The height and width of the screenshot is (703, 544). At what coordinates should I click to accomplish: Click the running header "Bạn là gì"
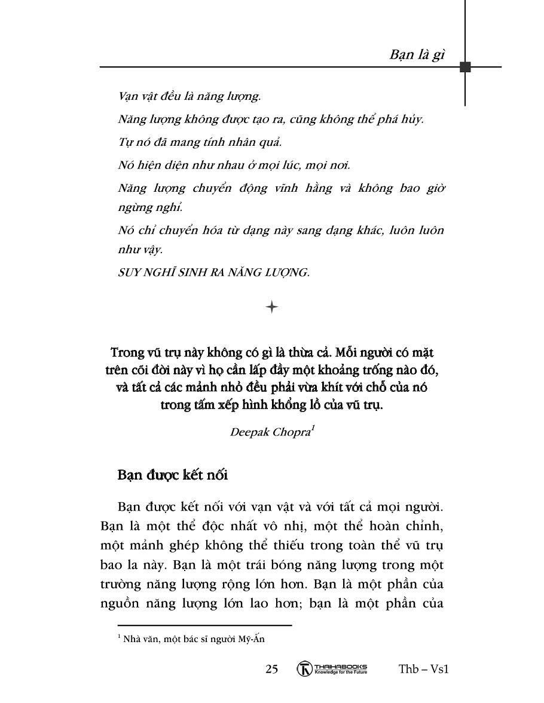tap(417, 54)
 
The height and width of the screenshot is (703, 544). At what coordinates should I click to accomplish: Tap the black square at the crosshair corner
tap(465, 67)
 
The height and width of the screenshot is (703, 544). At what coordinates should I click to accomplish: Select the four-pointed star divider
tap(271, 307)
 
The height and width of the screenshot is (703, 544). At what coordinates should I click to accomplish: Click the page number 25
tap(271, 669)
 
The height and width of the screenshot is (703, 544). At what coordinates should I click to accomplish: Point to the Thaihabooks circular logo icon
tap(305, 669)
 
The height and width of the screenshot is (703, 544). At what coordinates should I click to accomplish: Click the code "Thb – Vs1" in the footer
tap(423, 669)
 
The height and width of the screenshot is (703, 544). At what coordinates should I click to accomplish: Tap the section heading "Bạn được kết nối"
tap(173, 475)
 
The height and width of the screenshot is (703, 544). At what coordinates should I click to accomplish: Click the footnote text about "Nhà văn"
tap(191, 639)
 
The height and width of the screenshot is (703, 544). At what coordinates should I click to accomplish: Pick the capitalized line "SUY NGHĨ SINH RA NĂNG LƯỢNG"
tap(214, 272)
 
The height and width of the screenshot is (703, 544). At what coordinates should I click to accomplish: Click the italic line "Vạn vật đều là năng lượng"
tap(190, 96)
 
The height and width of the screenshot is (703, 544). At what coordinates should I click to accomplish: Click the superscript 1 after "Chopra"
tap(313, 428)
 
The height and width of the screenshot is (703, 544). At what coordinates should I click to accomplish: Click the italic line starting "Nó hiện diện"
tap(234, 165)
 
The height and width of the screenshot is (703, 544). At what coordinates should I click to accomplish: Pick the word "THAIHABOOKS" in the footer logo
tap(340, 666)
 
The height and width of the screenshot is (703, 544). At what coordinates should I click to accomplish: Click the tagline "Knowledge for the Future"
tap(340, 672)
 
